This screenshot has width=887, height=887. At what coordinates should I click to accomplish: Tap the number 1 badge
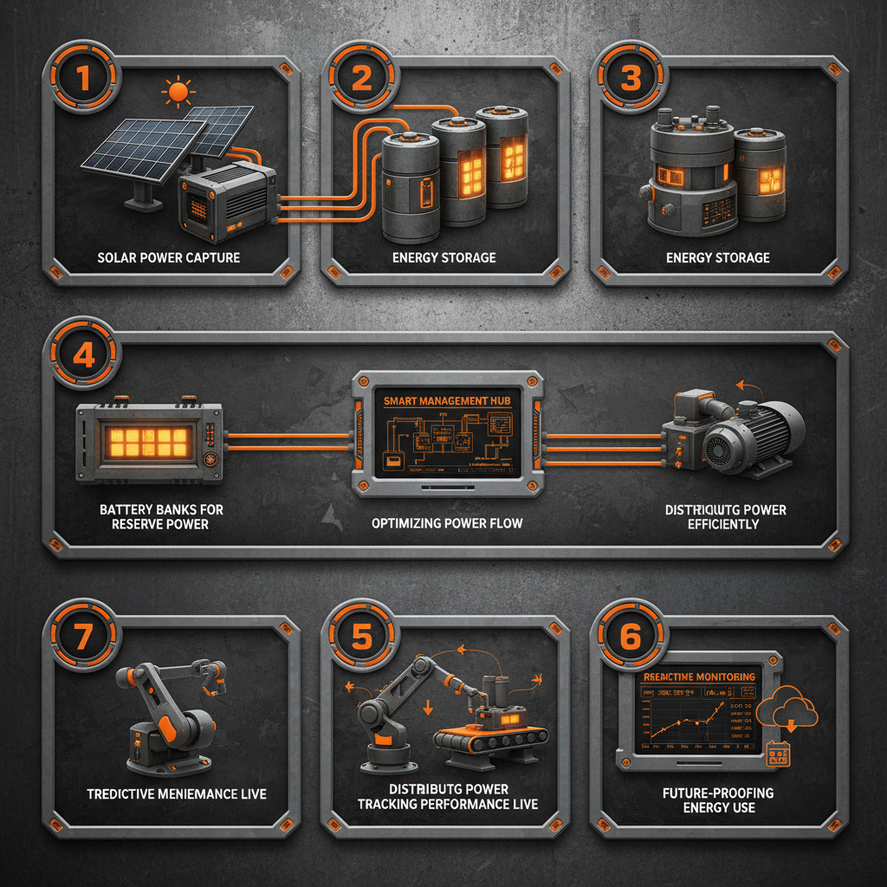click(83, 79)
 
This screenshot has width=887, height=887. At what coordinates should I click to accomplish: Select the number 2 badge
click(361, 79)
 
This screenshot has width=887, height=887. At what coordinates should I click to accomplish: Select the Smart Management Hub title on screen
click(448, 401)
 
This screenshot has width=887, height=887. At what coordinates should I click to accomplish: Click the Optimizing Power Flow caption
click(448, 524)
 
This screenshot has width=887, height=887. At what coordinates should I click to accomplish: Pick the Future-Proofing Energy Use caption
click(719, 800)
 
